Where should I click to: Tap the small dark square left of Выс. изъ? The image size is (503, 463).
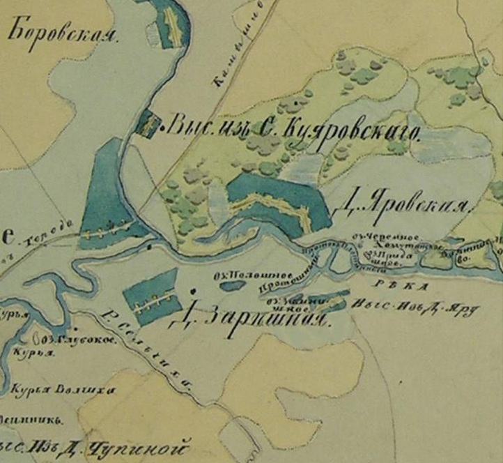coord(147,124)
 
